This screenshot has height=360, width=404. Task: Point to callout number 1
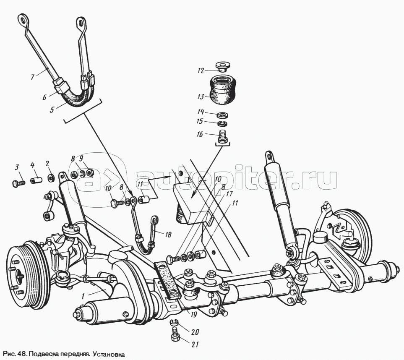84,295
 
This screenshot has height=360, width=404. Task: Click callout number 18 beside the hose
168,235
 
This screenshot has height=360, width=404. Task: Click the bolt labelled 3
17,183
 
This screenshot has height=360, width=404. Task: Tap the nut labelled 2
50,178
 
